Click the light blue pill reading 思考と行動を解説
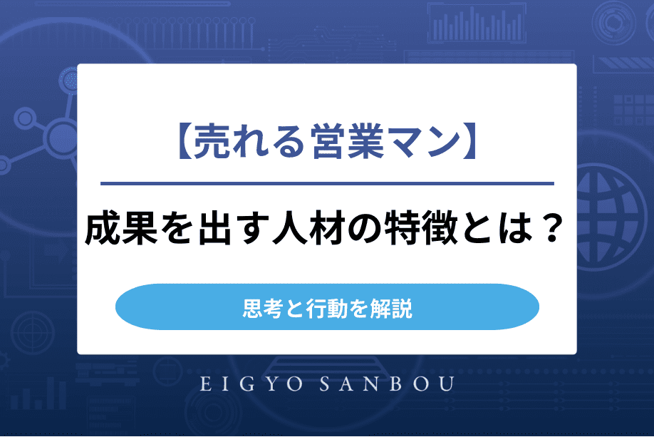pos(327,308)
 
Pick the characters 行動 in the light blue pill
pos(327,308)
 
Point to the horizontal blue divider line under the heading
pos(327,184)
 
